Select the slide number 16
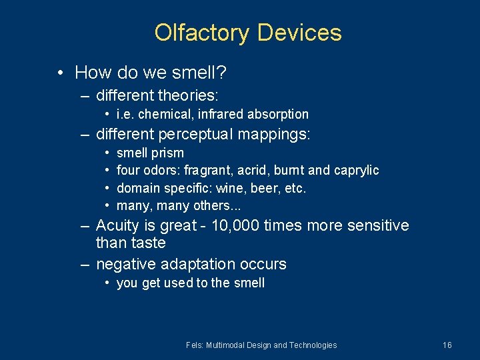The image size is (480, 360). [447, 345]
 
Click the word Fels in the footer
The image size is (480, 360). [194, 345]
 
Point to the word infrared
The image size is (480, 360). [224, 115]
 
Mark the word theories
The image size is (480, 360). [190, 96]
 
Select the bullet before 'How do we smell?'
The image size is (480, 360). [61, 72]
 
